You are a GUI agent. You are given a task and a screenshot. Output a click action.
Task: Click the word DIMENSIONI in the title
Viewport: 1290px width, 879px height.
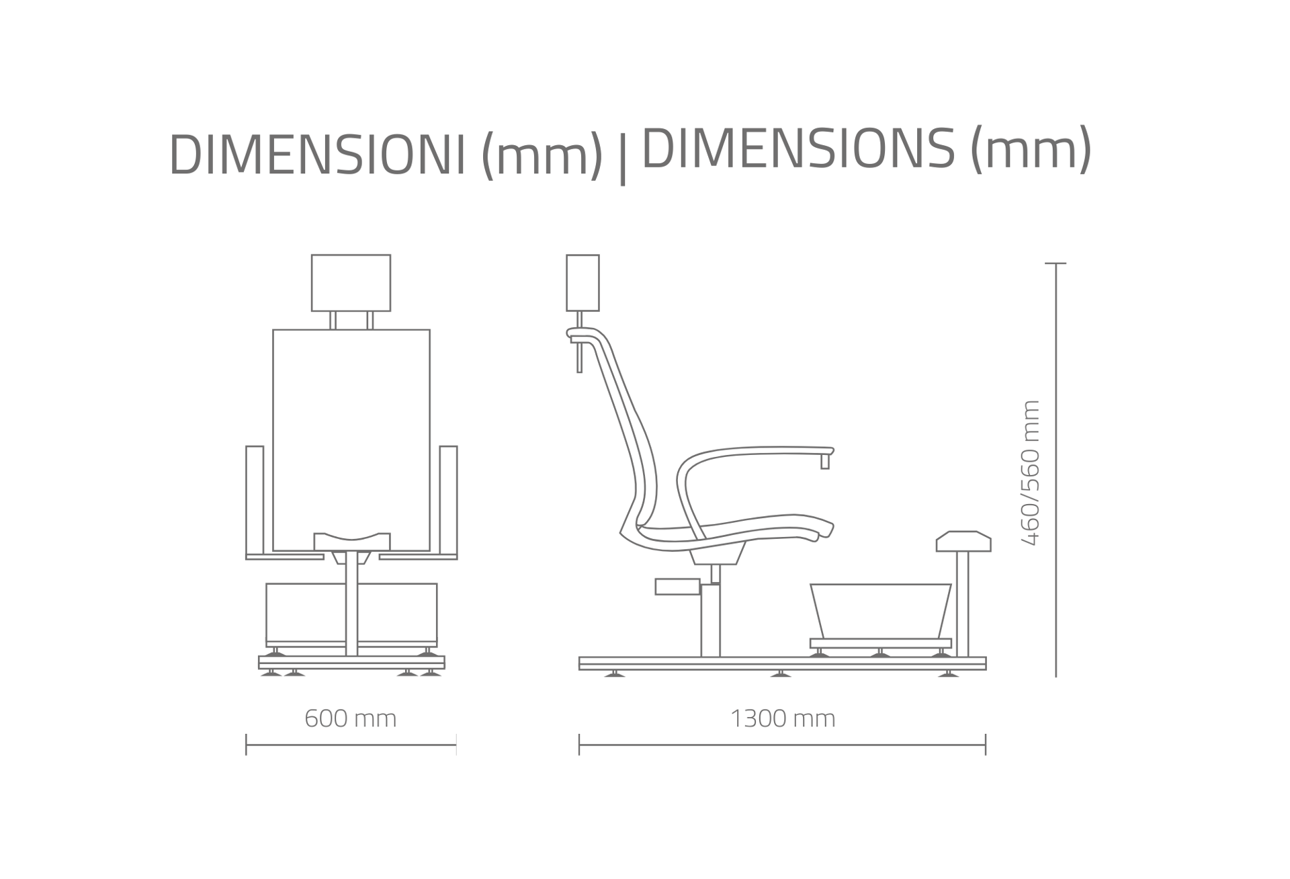(x=317, y=155)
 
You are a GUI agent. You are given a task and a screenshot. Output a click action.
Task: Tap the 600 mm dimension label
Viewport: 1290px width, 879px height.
(x=351, y=718)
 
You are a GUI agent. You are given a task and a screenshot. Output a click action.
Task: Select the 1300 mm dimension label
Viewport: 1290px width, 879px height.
(x=783, y=718)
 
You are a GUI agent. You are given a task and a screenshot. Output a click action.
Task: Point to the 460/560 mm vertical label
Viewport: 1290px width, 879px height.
(x=1030, y=472)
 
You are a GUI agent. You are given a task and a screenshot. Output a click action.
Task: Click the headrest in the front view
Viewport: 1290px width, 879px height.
(x=351, y=283)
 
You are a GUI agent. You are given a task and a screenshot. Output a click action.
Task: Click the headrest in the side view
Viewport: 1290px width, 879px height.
(x=583, y=283)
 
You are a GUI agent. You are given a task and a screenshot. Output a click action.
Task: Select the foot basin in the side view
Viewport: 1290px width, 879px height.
(x=881, y=611)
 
